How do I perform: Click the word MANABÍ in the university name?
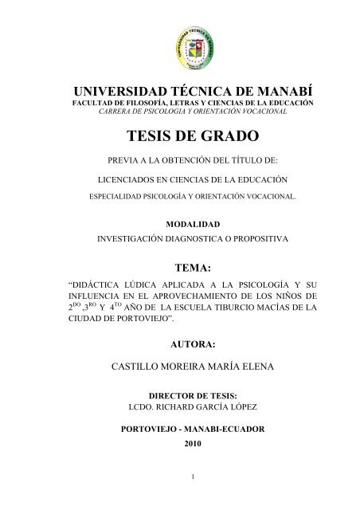(x=263, y=91)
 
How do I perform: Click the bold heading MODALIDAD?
(x=180, y=226)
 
